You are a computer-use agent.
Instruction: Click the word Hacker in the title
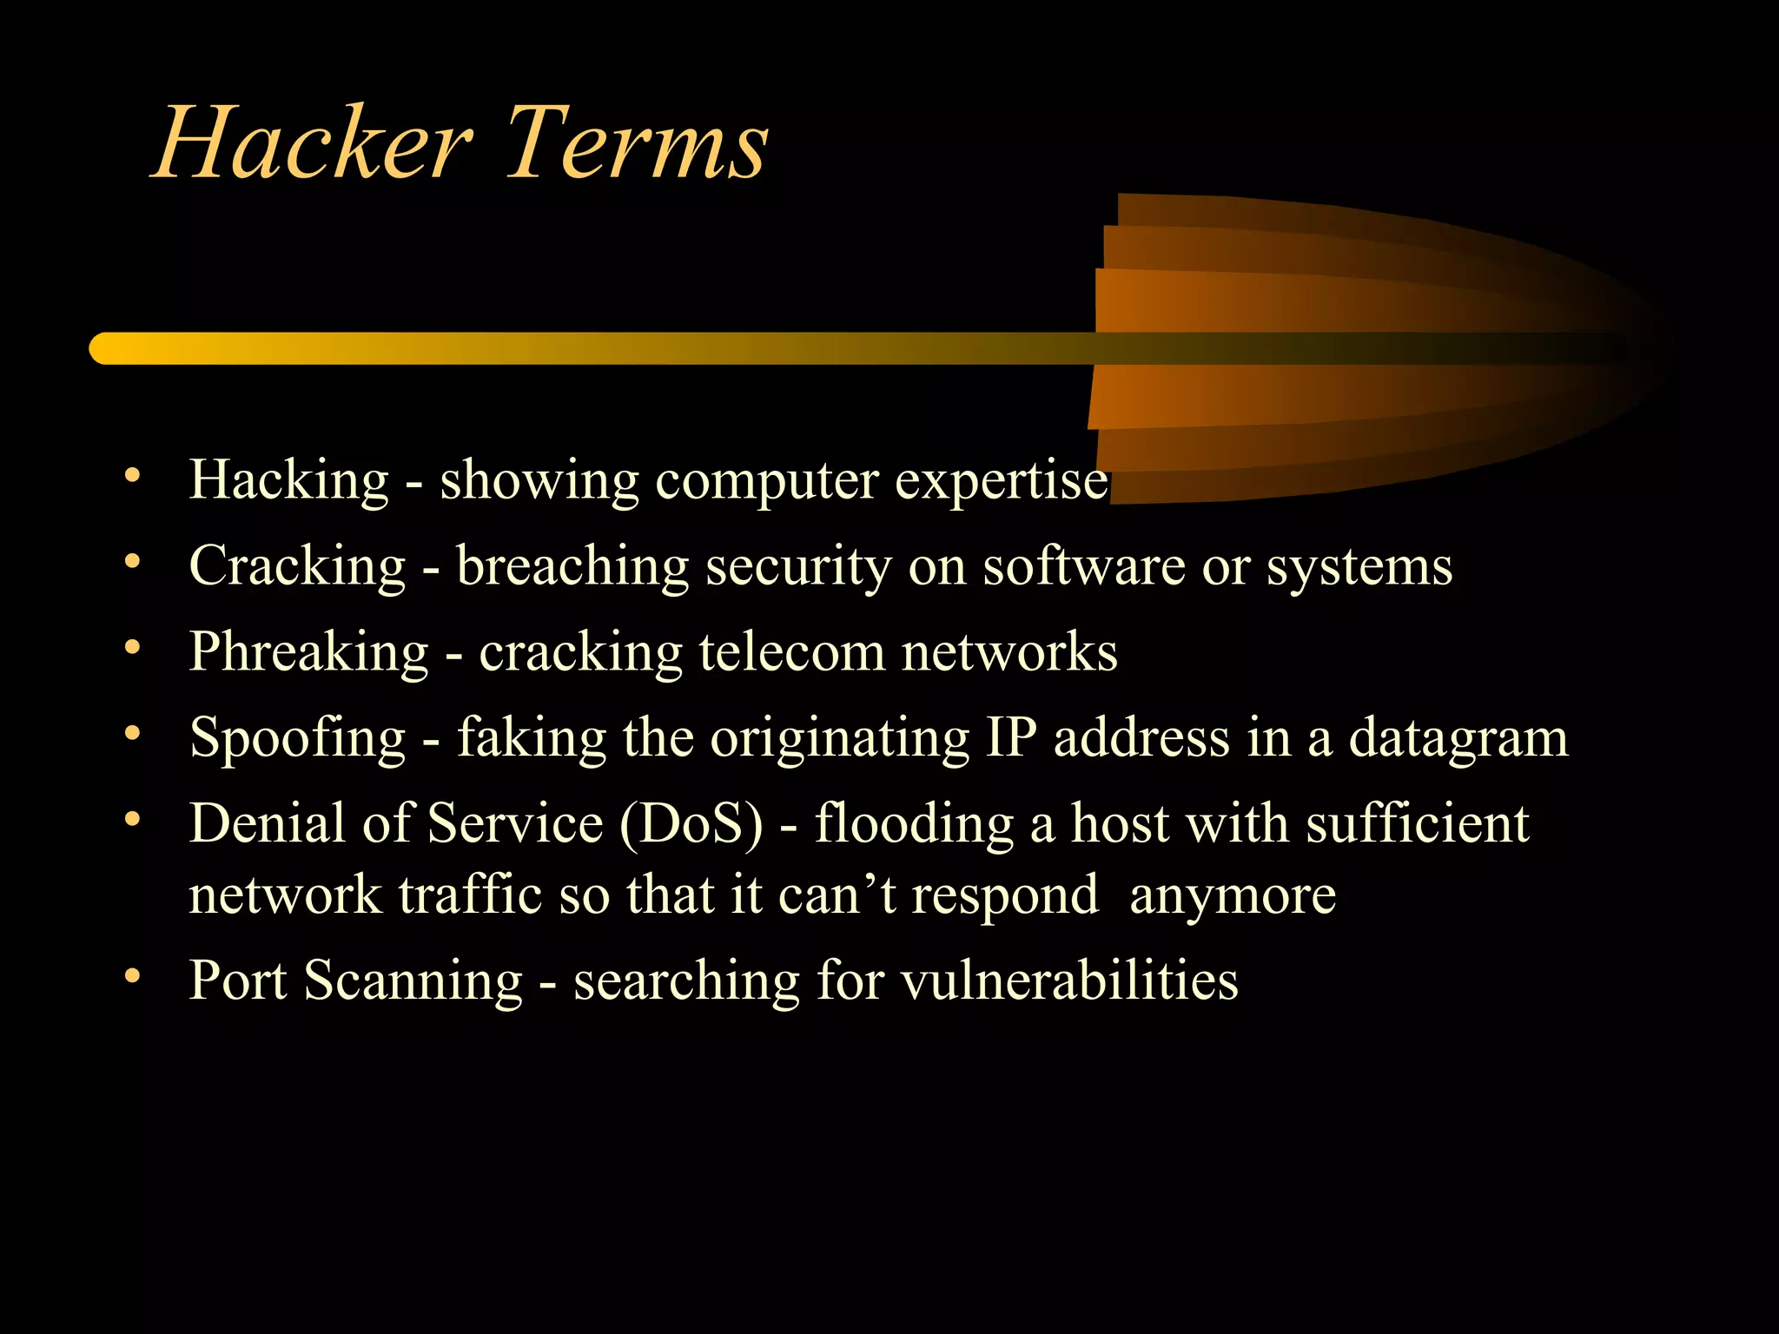tap(313, 143)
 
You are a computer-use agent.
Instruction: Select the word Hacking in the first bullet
tap(288, 480)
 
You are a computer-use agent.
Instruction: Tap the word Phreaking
tap(308, 653)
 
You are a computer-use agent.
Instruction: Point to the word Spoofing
tap(297, 740)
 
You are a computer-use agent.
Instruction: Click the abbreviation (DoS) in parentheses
tap(691, 824)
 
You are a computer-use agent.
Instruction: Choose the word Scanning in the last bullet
tap(413, 981)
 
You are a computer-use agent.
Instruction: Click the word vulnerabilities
tap(1069, 981)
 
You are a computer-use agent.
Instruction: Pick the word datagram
tap(1458, 740)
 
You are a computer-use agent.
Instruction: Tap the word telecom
tap(791, 653)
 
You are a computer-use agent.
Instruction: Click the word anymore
tap(1233, 895)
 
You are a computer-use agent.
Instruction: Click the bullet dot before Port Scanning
tap(132, 977)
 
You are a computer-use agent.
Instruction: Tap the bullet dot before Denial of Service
tap(132, 820)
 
